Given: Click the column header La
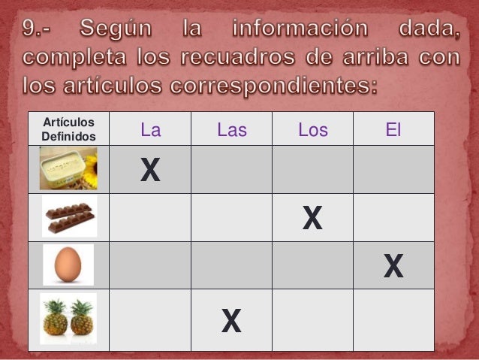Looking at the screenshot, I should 151,130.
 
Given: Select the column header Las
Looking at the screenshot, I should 231,130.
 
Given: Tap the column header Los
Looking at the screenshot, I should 312,130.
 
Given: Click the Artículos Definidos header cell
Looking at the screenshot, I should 68,129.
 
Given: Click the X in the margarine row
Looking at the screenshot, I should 150,171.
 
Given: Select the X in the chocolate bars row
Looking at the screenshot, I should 312,219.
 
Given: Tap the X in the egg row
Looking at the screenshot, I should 393,266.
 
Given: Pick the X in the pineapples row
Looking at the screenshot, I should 231,321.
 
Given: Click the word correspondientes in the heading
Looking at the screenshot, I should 274,85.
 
